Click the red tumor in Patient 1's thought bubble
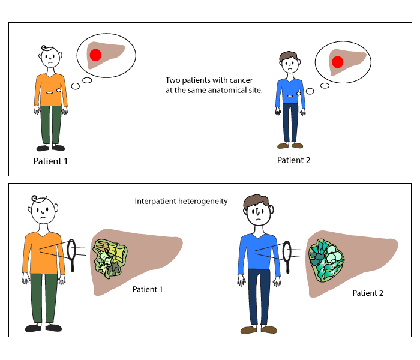pyautogui.click(x=95, y=56)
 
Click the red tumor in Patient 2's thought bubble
pyautogui.click(x=337, y=61)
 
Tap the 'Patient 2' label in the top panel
pyautogui.click(x=293, y=160)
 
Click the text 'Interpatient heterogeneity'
pyautogui.click(x=181, y=202)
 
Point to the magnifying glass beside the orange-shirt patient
pyautogui.click(x=73, y=254)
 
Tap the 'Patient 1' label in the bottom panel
pyautogui.click(x=148, y=289)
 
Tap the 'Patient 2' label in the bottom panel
pyautogui.click(x=367, y=293)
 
